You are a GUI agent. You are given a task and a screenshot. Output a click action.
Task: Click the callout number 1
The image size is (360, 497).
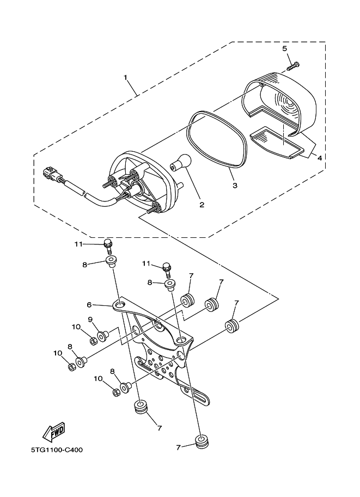tap(126, 78)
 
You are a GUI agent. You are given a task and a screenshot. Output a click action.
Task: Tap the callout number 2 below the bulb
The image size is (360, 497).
tap(202, 205)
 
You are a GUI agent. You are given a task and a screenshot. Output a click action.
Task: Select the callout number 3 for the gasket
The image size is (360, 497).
tap(235, 186)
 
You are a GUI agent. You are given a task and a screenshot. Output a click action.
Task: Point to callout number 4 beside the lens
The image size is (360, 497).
tap(320, 158)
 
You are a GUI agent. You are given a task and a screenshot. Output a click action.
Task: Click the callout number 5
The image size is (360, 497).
tap(284, 49)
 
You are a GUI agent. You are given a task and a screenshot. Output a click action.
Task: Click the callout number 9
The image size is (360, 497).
tap(90, 320)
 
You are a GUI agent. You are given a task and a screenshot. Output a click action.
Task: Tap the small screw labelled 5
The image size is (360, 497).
tap(292, 66)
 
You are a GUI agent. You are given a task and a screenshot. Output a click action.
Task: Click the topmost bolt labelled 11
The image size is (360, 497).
tap(108, 245)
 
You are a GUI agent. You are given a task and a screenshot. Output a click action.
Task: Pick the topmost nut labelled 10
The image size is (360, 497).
tap(93, 342)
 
